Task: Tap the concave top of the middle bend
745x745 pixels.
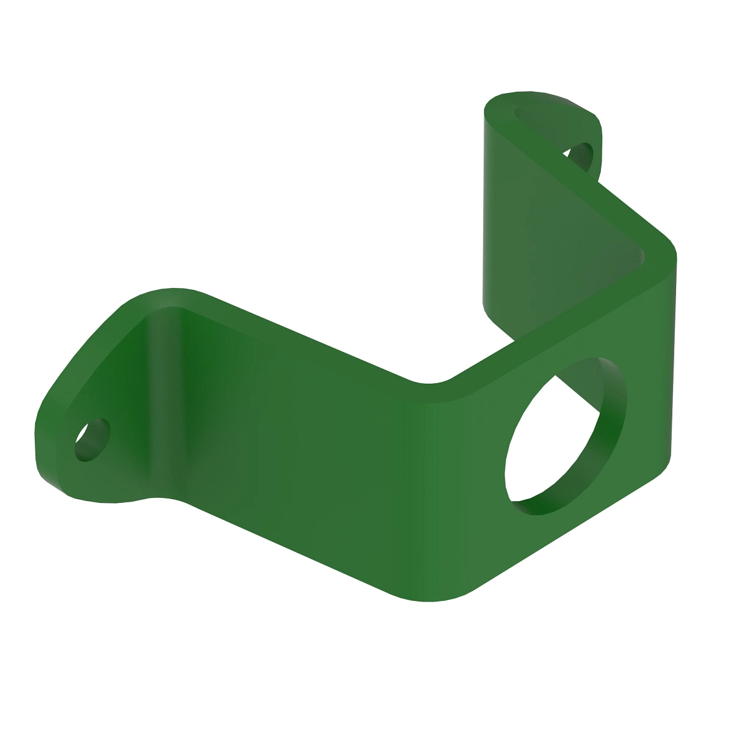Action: (435, 380)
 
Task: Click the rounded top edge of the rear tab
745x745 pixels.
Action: (540, 99)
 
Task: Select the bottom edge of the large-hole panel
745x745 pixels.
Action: (559, 534)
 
